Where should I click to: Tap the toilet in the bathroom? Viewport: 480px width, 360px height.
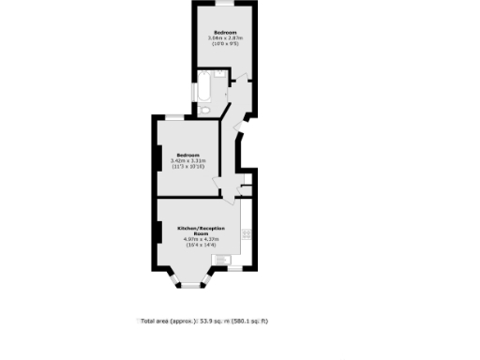pos(205,112)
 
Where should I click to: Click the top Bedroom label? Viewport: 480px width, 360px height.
pos(225,32)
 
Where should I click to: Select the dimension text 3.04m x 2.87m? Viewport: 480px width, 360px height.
pos(225,37)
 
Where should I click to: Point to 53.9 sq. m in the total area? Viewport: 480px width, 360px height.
pos(212,321)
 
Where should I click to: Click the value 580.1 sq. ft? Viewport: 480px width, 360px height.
pos(252,321)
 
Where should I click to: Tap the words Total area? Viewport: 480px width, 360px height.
pos(156,321)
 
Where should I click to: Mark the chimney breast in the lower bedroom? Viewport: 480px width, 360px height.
pos(156,159)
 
